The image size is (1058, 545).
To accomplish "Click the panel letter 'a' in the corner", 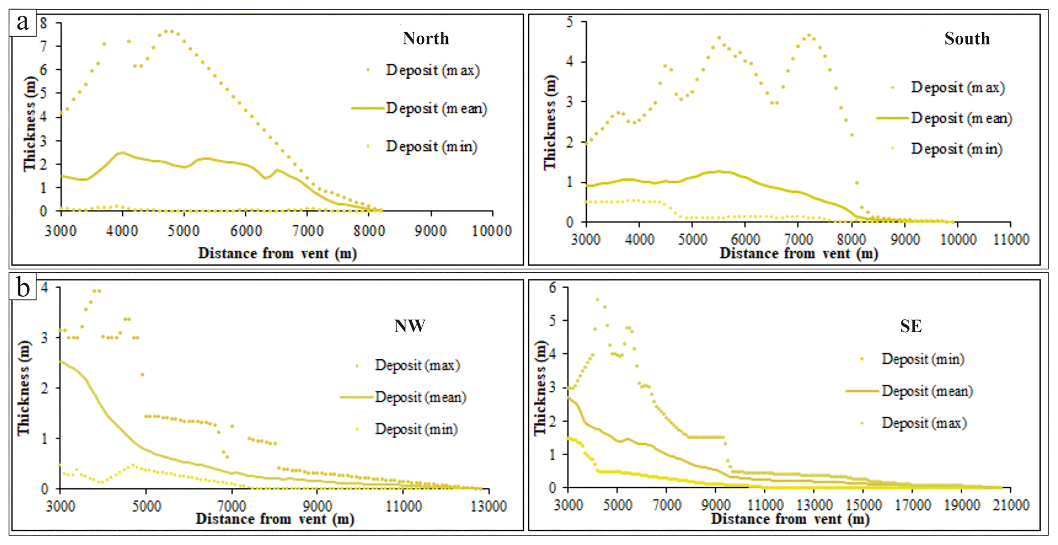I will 23,23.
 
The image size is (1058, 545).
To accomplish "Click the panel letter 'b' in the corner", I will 23,287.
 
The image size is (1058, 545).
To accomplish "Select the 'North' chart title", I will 425,38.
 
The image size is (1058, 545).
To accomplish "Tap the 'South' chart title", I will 967,38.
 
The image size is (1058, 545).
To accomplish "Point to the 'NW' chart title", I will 409,326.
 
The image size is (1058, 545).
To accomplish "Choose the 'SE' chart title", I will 911,326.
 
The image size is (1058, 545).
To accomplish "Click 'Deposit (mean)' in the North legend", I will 436,108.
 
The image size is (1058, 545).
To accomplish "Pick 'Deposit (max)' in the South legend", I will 958,88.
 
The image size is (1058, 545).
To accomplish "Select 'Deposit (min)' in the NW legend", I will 416,429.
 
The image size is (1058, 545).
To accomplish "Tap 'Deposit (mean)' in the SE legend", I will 927,391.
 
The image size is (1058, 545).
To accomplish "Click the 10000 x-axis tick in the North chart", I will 492,231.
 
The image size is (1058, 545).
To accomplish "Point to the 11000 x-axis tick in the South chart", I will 1010,239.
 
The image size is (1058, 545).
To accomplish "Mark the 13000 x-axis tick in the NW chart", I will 488,507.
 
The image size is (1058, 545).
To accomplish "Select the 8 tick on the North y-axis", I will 44,23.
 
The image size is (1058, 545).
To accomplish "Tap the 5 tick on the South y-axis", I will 569,22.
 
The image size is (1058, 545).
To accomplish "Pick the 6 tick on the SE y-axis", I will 552,288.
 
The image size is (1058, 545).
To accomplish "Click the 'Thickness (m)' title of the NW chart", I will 24,387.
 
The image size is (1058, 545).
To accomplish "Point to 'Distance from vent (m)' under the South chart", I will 798,253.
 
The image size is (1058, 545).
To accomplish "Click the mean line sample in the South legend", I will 893,118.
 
